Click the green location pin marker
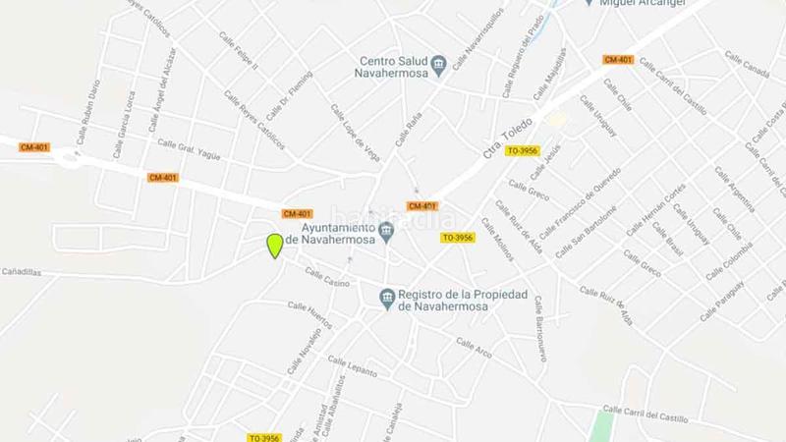coord(275,246)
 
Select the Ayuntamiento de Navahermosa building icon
coord(386,233)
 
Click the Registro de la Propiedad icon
coord(387,297)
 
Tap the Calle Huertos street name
coord(309,315)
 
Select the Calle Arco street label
coord(475,347)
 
